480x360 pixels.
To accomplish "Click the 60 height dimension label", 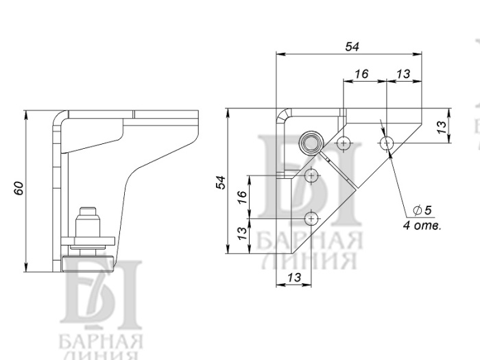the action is coord(19,188).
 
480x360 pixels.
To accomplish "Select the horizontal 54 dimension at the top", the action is coord(352,47).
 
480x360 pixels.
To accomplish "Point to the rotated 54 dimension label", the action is coord(221,182).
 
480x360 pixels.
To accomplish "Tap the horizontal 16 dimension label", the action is coord(361,74).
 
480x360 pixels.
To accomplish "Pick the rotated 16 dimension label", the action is coord(241,197).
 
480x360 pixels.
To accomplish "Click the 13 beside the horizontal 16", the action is coord(403,74).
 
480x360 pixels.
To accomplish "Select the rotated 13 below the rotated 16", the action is coord(241,234).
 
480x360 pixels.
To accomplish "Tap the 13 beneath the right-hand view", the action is coord(294,277).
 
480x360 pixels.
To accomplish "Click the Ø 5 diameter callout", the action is coord(422,210).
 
